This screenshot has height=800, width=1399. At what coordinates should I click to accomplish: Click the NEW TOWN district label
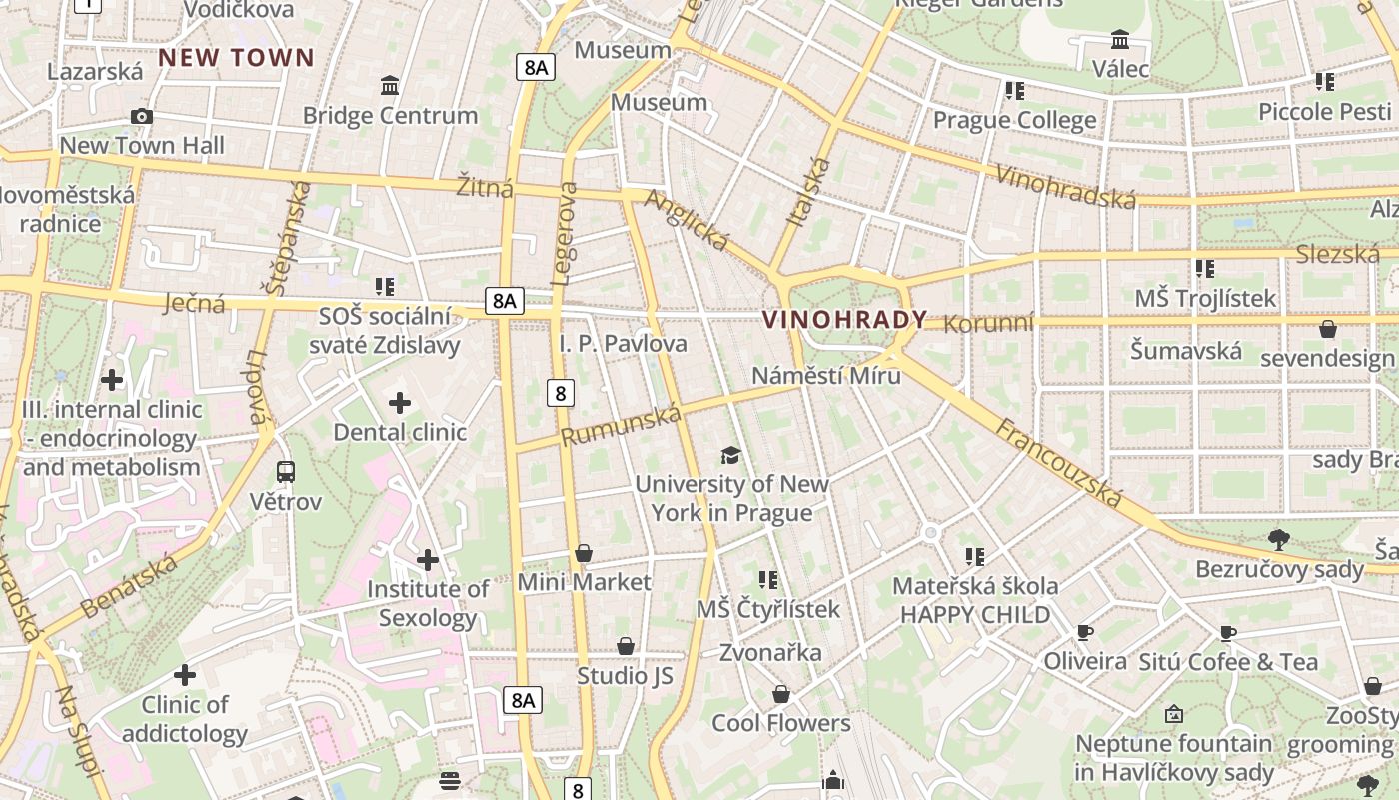tap(236, 58)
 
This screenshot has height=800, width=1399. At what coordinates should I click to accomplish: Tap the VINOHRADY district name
tap(844, 320)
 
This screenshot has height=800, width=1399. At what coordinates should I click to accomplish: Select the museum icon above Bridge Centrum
tap(390, 86)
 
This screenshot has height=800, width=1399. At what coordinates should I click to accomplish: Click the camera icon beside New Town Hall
tap(142, 117)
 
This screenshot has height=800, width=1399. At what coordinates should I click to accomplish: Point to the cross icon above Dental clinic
tap(400, 403)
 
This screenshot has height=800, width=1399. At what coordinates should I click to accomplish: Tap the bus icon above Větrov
tap(286, 471)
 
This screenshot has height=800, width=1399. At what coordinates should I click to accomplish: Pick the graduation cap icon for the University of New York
tap(731, 456)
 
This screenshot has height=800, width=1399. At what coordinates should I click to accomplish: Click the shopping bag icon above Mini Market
tap(584, 553)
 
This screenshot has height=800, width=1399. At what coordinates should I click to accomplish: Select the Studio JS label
tap(625, 676)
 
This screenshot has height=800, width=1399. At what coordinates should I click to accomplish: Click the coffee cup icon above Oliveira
tap(1084, 632)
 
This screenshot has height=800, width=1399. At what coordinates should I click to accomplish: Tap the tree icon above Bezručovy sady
tap(1278, 540)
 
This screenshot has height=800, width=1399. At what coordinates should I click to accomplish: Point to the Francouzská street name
tap(1059, 462)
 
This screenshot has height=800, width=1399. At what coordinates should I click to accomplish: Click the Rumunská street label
tap(621, 425)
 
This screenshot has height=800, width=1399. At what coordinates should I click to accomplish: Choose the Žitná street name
tap(484, 187)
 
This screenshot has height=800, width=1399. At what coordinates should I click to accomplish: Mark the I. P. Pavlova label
tap(623, 344)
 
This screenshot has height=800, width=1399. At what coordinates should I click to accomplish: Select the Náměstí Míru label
tap(825, 376)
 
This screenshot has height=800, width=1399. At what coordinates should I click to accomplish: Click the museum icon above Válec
tap(1120, 40)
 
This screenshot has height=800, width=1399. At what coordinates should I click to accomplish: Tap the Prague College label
tap(1014, 121)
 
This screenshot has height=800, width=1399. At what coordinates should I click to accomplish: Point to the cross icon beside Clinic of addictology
tap(185, 675)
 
